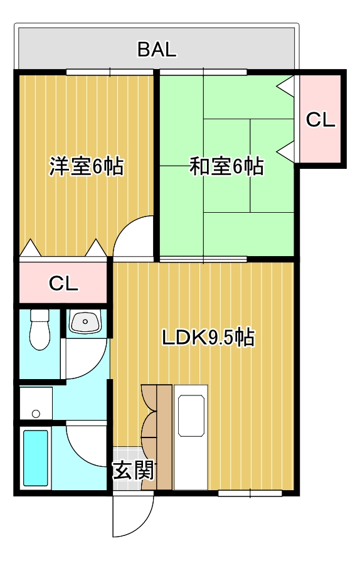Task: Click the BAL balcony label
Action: pos(157,50)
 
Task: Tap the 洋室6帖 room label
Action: pos(87,167)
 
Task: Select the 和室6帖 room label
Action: pos(226,167)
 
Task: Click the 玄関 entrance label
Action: pos(133,470)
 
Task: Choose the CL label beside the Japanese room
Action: pos(320,120)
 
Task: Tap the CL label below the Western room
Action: pos(64,284)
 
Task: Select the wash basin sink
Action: pos(85,323)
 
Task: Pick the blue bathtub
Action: pos(36,458)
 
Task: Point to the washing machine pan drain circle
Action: pos(36,413)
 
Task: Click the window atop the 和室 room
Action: pos(204,72)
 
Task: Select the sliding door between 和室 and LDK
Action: pos(202,259)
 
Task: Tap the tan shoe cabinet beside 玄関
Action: pos(164,437)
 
